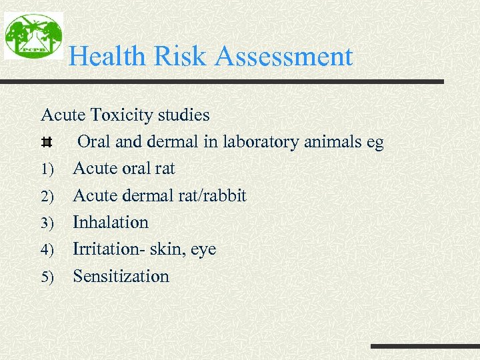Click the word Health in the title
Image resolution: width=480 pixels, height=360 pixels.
[x=107, y=56]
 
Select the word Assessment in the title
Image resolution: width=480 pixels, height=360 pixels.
[x=284, y=56]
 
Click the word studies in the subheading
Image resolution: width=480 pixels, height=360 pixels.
[x=183, y=115]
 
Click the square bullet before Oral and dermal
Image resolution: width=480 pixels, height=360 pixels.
[x=46, y=143]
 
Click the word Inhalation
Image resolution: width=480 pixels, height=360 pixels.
[x=111, y=222]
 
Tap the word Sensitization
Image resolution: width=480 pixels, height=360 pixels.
[x=121, y=276]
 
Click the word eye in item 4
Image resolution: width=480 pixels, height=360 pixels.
[x=203, y=250]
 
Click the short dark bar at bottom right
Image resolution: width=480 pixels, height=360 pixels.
[x=425, y=347]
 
